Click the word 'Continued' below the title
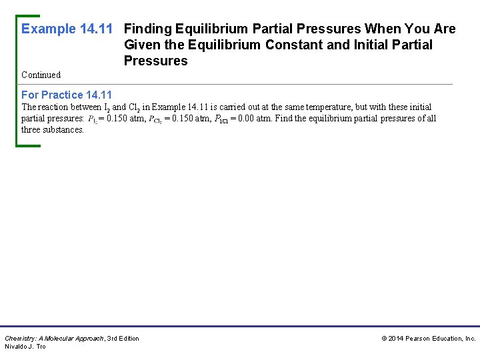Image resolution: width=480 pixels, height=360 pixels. (41, 75)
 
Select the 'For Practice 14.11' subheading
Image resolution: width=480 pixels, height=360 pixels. (67, 95)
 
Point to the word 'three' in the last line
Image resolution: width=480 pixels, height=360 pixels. (31, 129)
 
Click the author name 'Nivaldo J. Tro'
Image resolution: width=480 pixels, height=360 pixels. (25, 347)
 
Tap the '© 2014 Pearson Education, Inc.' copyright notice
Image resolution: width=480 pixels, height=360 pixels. (429, 339)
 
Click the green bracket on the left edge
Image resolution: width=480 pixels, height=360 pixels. (17, 80)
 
